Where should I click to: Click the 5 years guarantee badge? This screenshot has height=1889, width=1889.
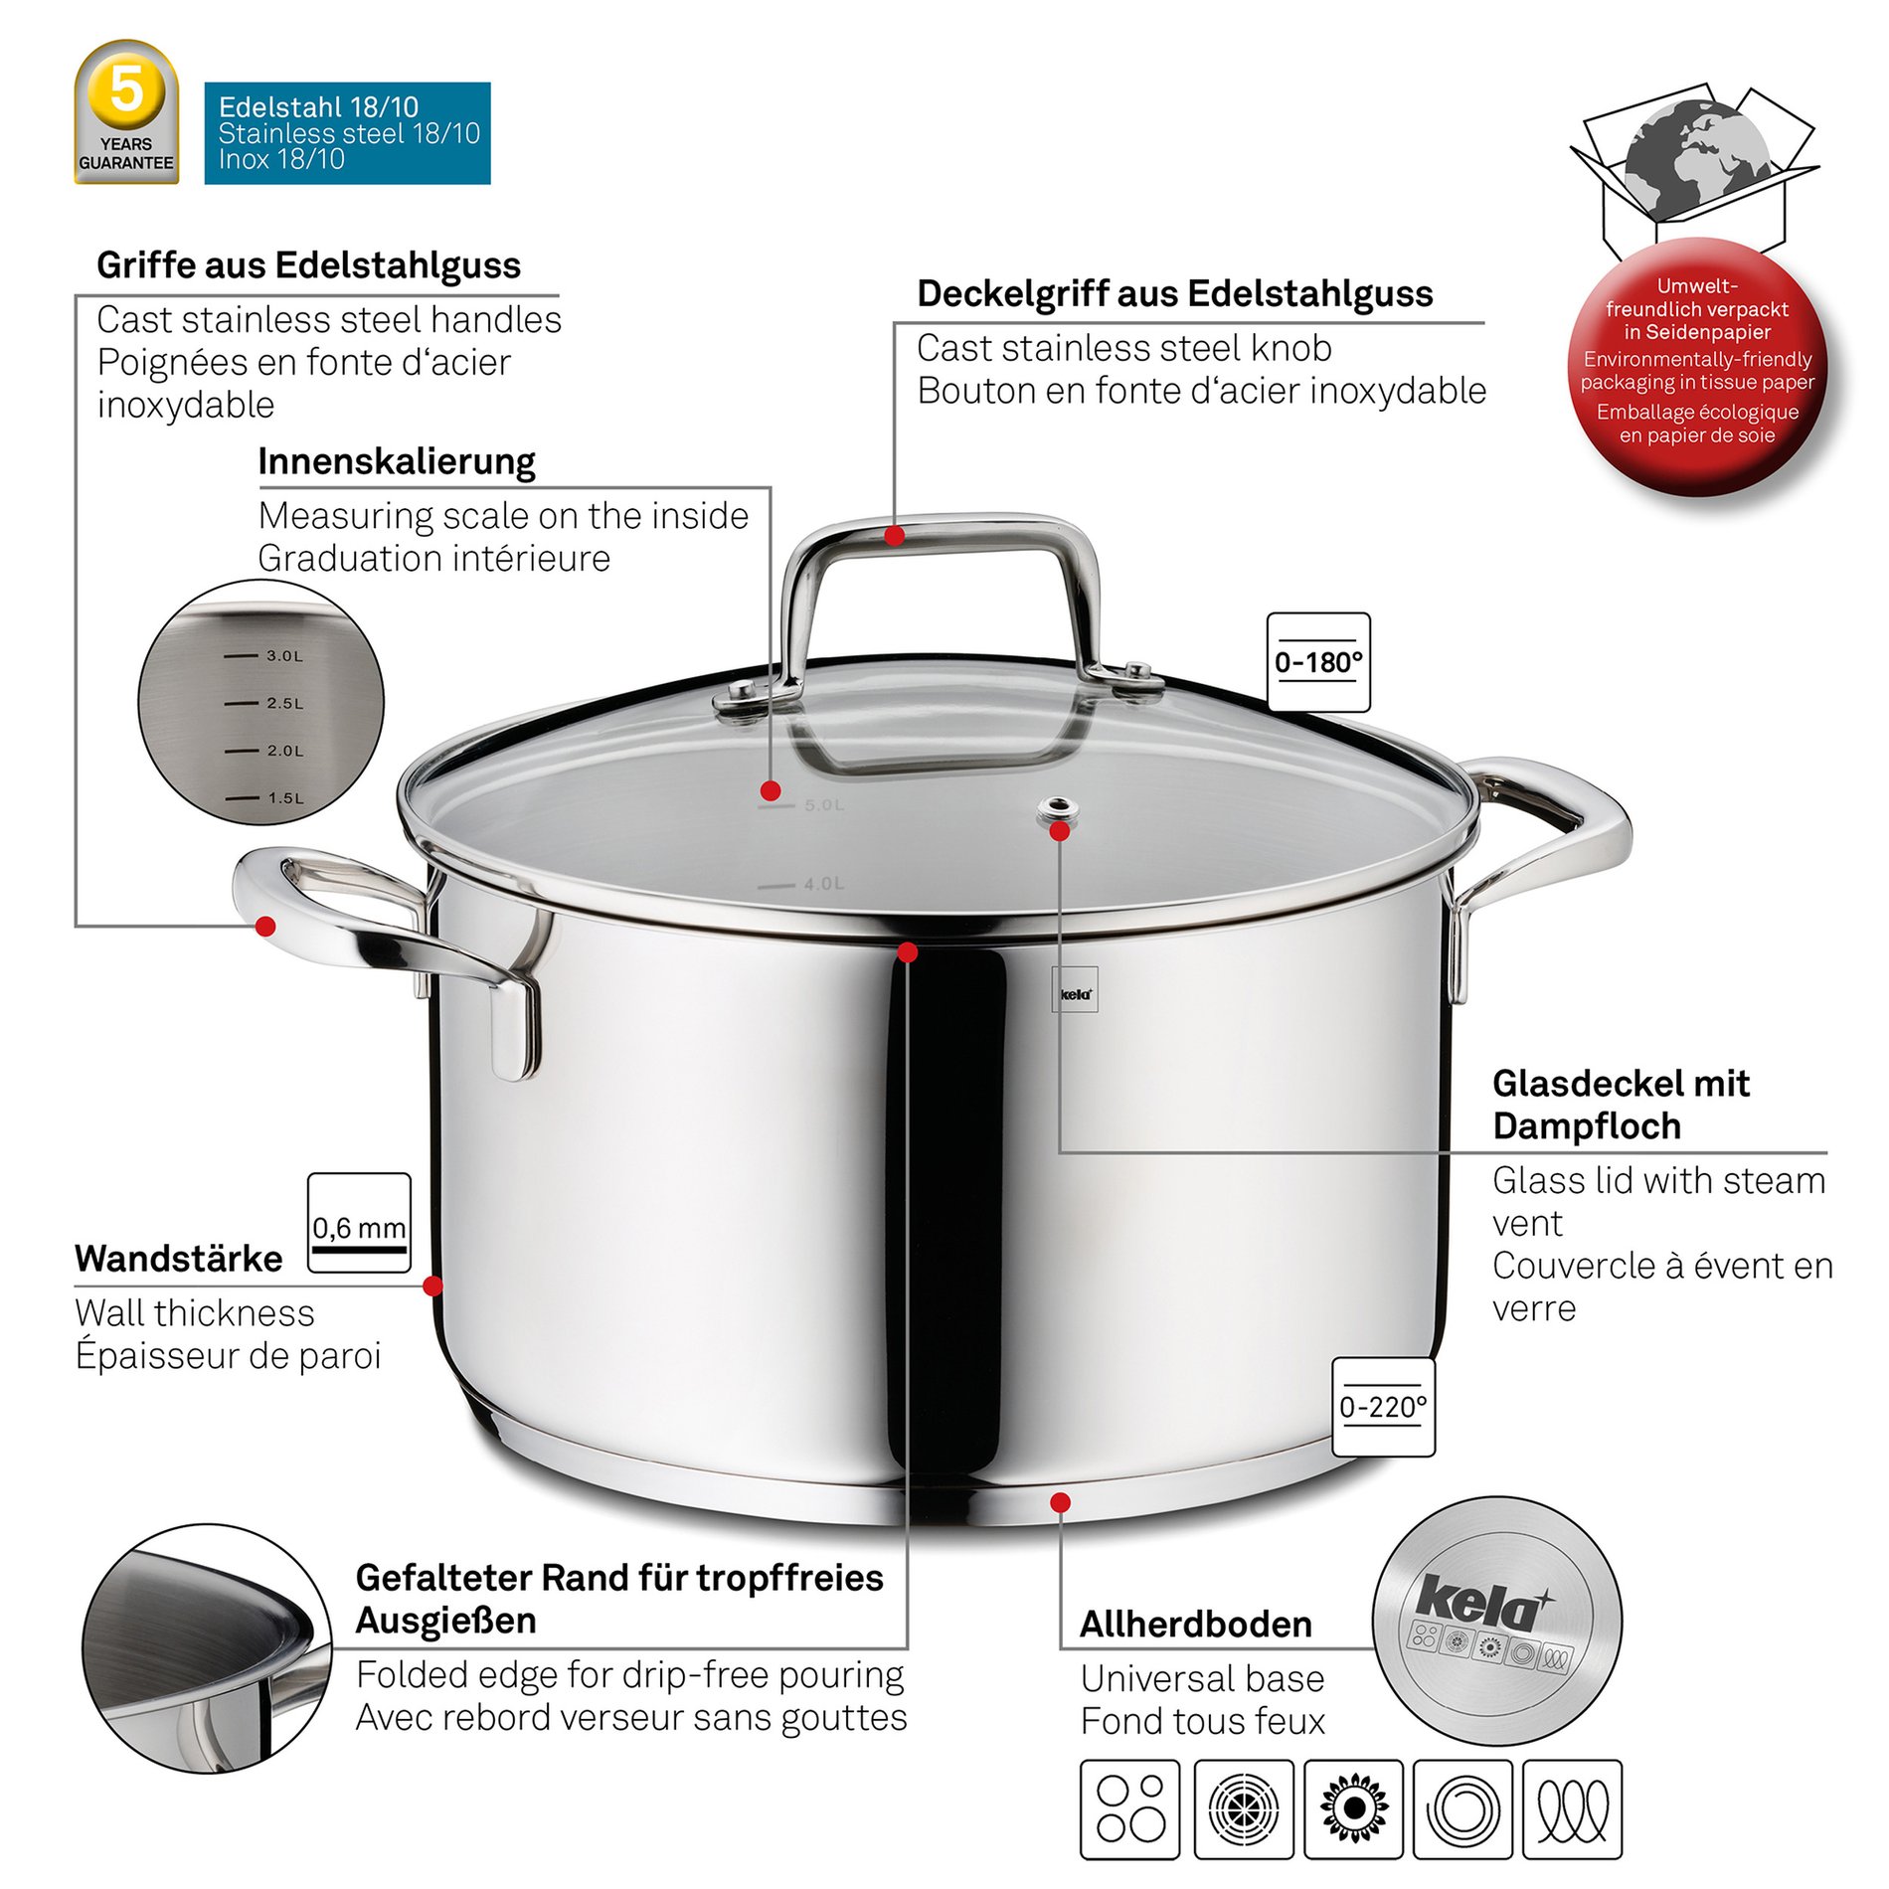click(x=126, y=112)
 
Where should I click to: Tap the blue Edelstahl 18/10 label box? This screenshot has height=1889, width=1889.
click(x=347, y=133)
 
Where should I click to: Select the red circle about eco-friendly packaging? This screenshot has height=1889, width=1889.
click(x=1697, y=365)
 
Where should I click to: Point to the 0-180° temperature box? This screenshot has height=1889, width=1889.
click(x=1318, y=662)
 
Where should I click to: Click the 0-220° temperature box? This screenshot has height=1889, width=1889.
click(x=1383, y=1407)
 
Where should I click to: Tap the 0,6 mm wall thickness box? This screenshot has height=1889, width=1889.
click(x=359, y=1223)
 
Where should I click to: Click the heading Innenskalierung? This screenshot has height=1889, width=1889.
click(x=397, y=461)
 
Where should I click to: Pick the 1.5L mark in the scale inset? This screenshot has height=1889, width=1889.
click(x=264, y=798)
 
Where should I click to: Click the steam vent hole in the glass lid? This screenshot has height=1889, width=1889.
click(x=1058, y=809)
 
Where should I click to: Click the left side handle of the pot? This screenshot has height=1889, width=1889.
click(x=388, y=944)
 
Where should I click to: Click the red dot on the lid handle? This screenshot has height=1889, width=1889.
click(x=895, y=536)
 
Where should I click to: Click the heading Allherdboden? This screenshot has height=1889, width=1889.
click(x=1196, y=1624)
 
